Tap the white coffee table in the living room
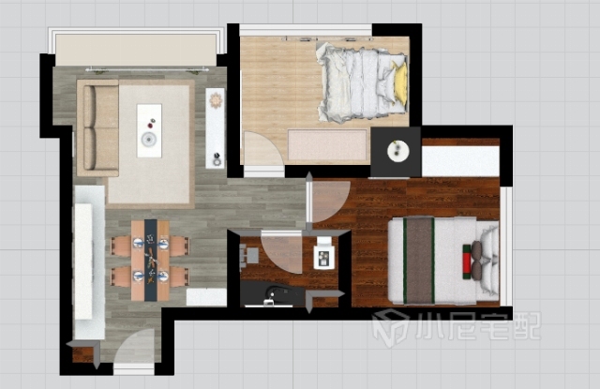pyautogui.click(x=149, y=130)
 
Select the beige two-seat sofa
pyautogui.click(x=97, y=128)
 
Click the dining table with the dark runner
pyautogui.click(x=150, y=260)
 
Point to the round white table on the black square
pyautogui.click(x=398, y=151)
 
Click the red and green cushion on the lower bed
pyautogui.click(x=467, y=262)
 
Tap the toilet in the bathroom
pyautogui.click(x=324, y=253)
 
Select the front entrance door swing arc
pyautogui.click(x=134, y=346)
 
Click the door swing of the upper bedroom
pyautogui.click(x=264, y=149)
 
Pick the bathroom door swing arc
pyautogui.click(x=282, y=253)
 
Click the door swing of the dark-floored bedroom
pyautogui.click(x=331, y=202)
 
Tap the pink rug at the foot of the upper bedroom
pyautogui.click(x=327, y=145)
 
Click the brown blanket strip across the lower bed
pyautogui.click(x=419, y=261)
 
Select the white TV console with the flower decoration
pyautogui.click(x=215, y=128)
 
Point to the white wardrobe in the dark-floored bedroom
pyautogui.click(x=460, y=161)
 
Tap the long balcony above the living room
pyautogui.click(x=136, y=50)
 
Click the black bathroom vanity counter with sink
pyautogui.click(x=273, y=293)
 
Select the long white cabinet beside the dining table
pyautogui.click(x=90, y=262)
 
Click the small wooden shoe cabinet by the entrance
pyautogui.click(x=83, y=354)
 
